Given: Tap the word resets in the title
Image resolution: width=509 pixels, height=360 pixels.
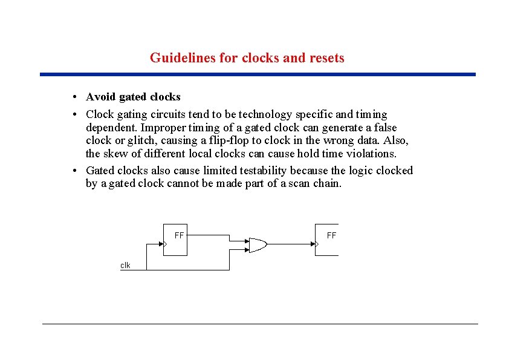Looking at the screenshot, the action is click(326, 58).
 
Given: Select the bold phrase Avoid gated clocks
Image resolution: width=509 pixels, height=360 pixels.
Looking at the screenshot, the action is click(133, 97).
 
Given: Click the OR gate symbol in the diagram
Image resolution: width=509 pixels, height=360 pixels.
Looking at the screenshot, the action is click(257, 244).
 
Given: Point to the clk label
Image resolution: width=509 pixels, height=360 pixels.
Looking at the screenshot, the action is click(125, 265).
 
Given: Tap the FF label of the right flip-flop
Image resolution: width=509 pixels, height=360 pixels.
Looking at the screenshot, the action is click(331, 235).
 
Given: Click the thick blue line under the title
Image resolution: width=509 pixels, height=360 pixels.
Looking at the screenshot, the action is click(258, 74).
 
